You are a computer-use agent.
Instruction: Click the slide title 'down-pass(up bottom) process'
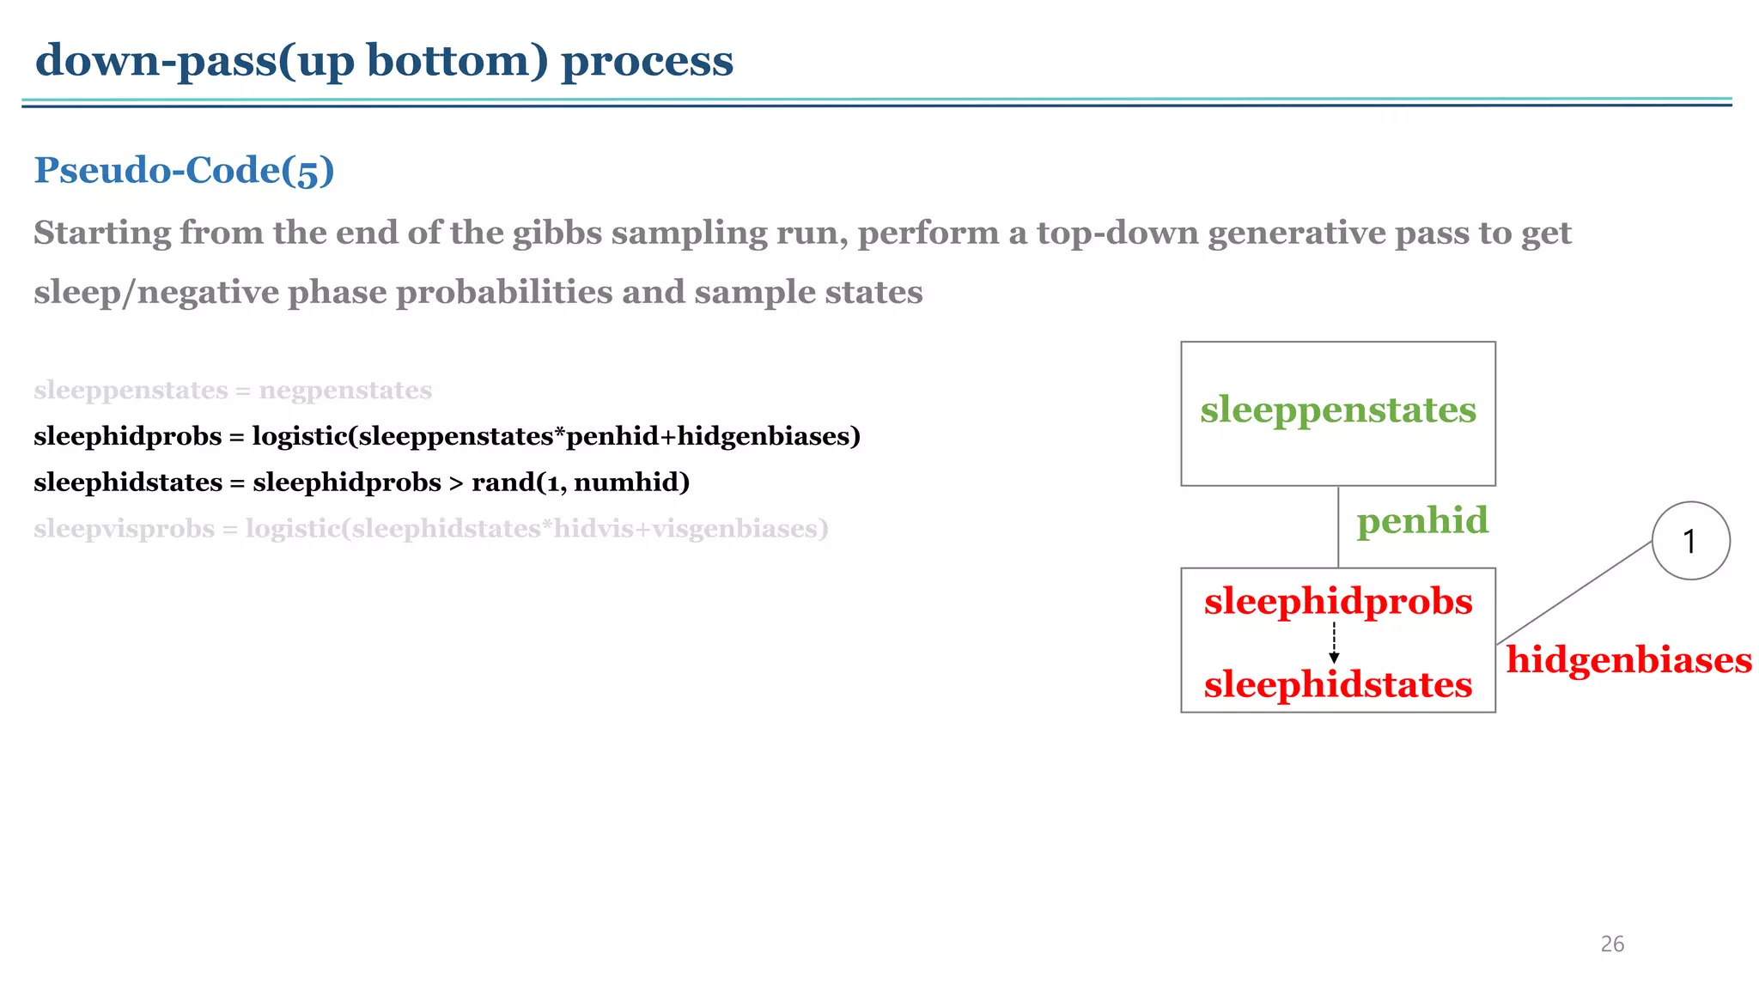coord(384,61)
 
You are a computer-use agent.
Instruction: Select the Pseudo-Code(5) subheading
coord(184,170)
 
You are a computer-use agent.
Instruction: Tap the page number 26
coord(1612,944)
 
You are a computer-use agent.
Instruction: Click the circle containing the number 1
coord(1690,541)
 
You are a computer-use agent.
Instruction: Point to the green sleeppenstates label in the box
coord(1337,410)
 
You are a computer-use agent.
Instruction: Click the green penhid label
coord(1421,520)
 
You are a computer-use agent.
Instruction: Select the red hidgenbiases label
coord(1628,660)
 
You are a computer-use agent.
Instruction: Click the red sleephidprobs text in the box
coord(1337,601)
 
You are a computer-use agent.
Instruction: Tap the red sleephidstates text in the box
coord(1337,684)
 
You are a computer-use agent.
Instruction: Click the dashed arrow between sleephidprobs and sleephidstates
coord(1334,642)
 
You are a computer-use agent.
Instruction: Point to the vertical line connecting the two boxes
coord(1338,526)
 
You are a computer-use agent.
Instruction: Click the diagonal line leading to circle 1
coord(1573,593)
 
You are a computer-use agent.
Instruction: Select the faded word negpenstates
coord(345,391)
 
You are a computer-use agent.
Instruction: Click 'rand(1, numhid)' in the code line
coord(581,482)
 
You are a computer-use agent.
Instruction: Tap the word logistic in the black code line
coord(299,436)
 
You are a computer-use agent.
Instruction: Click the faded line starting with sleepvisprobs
coord(430,529)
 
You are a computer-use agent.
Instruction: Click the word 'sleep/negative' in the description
coord(155,293)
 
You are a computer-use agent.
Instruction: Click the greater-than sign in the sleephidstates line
coord(456,483)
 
